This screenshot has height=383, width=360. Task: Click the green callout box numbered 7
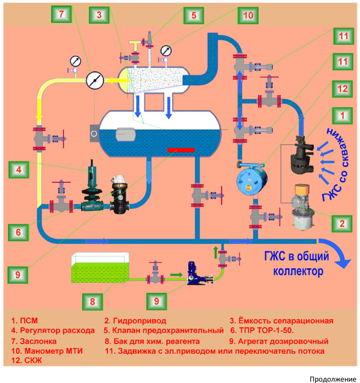(61, 14)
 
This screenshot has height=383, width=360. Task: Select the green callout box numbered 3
(99, 15)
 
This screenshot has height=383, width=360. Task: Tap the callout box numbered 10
(248, 15)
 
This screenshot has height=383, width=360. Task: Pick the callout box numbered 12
(343, 89)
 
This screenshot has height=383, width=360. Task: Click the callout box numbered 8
(93, 302)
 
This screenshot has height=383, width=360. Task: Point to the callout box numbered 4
(19, 170)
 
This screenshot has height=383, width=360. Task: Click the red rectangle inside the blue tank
(181, 150)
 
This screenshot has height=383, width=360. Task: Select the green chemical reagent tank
(100, 268)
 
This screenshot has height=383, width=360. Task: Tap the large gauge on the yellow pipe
(95, 80)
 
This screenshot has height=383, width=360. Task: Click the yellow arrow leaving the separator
(119, 80)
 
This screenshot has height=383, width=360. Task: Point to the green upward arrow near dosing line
(215, 252)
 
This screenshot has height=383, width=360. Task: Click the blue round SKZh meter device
(251, 180)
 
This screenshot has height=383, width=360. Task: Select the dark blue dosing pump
(199, 274)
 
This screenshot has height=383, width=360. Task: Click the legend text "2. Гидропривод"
(135, 321)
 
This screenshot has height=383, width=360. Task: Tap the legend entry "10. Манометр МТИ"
(47, 351)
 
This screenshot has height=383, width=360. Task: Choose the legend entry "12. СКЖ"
(27, 360)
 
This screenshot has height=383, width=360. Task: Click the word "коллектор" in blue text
(298, 271)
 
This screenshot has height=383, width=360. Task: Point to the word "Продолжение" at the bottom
(333, 379)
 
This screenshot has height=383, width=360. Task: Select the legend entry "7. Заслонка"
(34, 341)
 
